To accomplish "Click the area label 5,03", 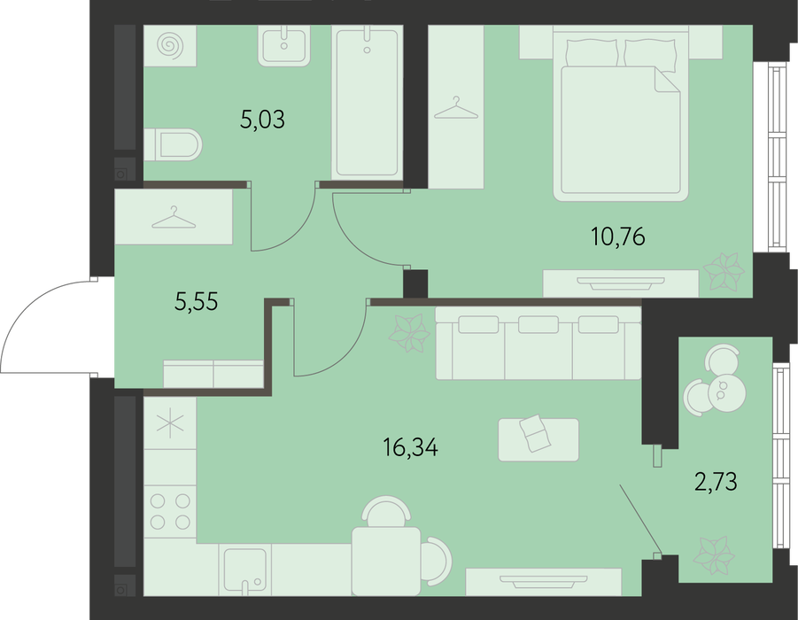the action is [262, 120].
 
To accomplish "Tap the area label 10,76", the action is [618, 236].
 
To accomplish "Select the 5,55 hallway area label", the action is [196, 301].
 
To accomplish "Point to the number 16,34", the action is [410, 448].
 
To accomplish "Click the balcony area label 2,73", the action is [716, 482].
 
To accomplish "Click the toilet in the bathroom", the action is [173, 144].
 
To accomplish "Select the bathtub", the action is [365, 103].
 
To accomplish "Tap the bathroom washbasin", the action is [284, 46].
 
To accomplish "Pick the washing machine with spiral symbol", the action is [170, 46].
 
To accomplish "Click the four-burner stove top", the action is [170, 512].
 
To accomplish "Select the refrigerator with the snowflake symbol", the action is [170, 423].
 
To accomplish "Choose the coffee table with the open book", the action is [538, 440].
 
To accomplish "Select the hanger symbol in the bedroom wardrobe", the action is [456, 108].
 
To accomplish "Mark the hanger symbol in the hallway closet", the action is [174, 217].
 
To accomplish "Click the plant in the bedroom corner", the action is [723, 271].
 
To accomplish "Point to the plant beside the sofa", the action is [408, 333].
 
